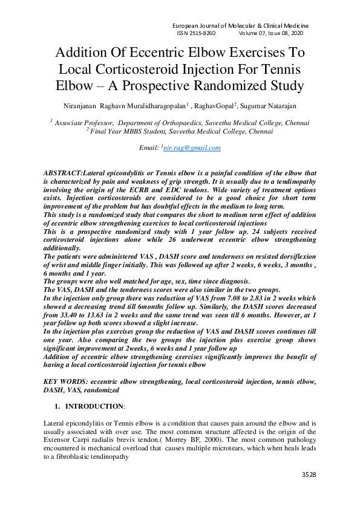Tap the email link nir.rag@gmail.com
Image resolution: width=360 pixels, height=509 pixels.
coord(192,148)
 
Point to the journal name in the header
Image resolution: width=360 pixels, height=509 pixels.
coord(241,26)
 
